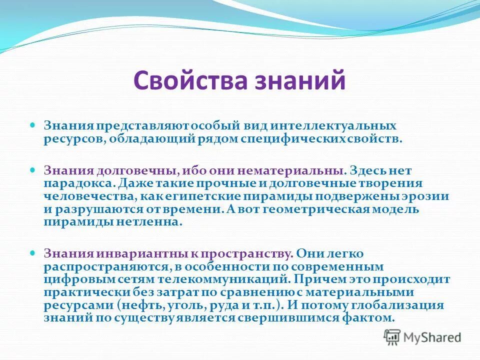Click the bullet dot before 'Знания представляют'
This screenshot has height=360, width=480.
33,123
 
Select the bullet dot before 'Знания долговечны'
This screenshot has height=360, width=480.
33,170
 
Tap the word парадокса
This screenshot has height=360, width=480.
73,183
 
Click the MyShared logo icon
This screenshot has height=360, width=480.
392,337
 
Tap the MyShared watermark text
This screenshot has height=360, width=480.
433,337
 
